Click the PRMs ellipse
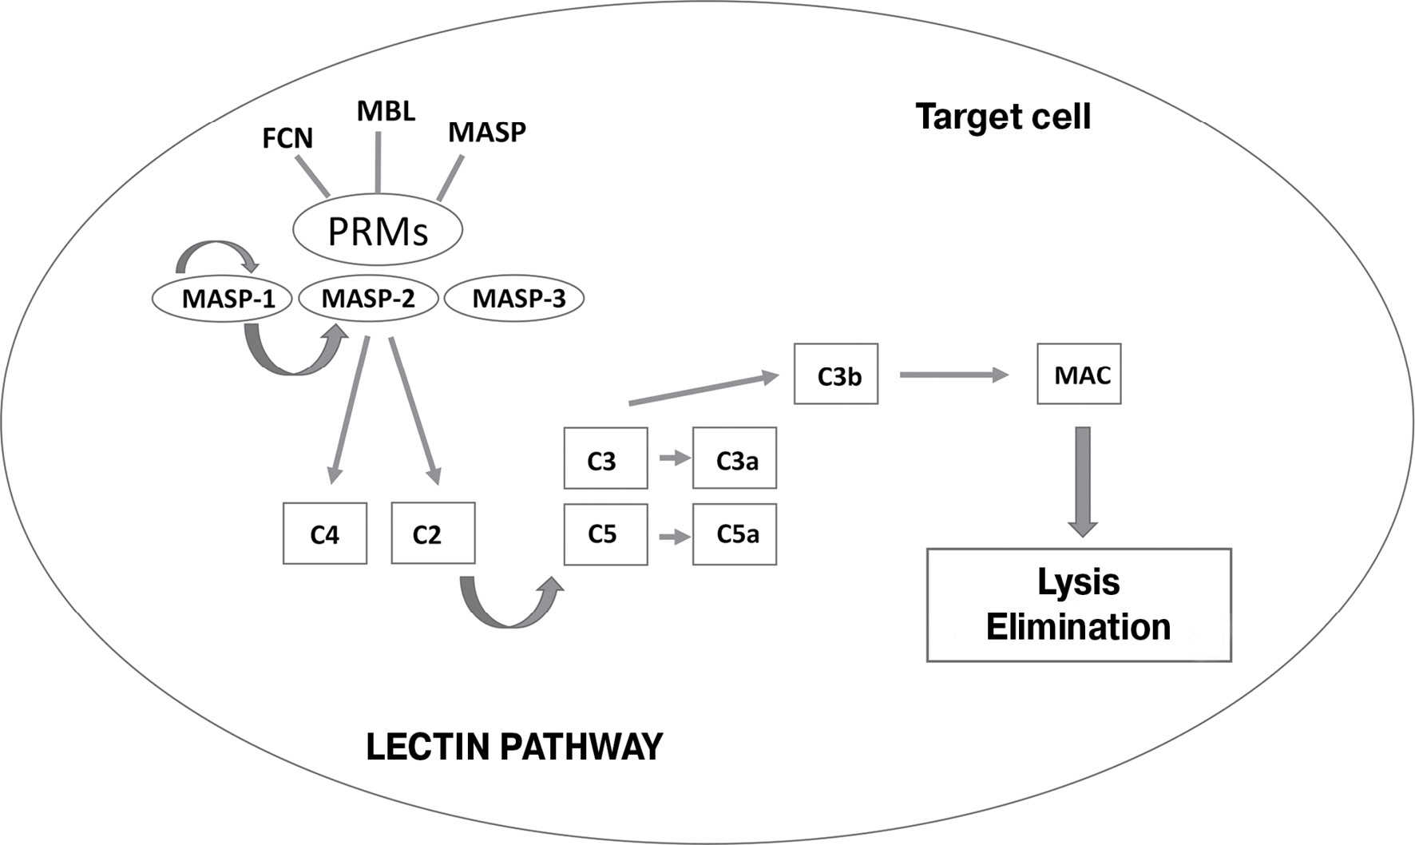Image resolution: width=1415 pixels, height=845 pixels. click(378, 230)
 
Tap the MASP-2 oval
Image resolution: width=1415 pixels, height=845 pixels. click(368, 299)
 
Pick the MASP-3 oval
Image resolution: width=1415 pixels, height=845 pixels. click(514, 299)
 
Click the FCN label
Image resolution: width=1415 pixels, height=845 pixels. click(287, 138)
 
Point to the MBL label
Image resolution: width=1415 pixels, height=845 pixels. click(386, 111)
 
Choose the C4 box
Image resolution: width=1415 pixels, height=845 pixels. click(325, 534)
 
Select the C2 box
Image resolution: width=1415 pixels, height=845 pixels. click(433, 533)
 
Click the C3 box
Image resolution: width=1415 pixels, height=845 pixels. click(605, 458)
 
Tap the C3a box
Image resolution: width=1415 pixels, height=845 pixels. click(735, 458)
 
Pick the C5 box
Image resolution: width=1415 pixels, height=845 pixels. click(605, 534)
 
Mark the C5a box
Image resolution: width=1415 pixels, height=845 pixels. click(735, 534)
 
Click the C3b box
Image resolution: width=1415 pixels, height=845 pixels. click(836, 374)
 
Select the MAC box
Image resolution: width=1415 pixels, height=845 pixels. click(1079, 374)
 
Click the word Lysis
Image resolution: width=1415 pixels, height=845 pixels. click(1078, 581)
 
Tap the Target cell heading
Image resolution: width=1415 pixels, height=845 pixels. click(1003, 117)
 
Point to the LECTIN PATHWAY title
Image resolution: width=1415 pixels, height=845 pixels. click(514, 747)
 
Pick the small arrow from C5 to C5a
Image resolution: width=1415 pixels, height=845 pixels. click(675, 537)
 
